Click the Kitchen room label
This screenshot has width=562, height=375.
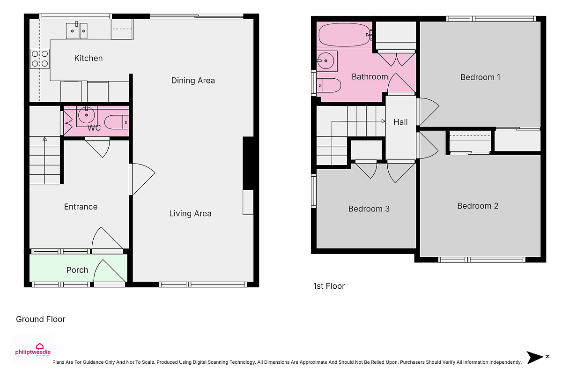[x=89, y=58]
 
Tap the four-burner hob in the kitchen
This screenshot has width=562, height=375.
[x=40, y=59]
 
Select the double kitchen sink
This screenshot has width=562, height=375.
[x=76, y=30]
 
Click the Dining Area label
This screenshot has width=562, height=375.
[x=193, y=80]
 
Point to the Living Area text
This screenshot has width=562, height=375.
[x=190, y=213]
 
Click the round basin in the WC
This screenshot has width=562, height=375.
[x=87, y=115]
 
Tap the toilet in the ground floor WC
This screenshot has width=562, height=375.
[x=117, y=122]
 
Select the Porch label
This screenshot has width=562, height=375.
[x=77, y=270]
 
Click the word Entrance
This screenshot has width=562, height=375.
[x=81, y=207]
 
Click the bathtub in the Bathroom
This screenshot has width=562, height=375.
[x=345, y=35]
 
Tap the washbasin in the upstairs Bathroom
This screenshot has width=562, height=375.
[x=327, y=61]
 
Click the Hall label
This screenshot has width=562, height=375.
[x=400, y=122]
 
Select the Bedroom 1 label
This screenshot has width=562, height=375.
[x=480, y=77]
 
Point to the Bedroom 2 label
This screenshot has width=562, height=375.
[x=478, y=206]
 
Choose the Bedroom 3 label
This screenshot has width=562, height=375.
[x=369, y=209]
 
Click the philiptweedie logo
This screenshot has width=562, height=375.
[x=33, y=350]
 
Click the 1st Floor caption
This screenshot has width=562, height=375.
[x=329, y=286]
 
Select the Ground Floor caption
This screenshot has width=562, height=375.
[x=41, y=319]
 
